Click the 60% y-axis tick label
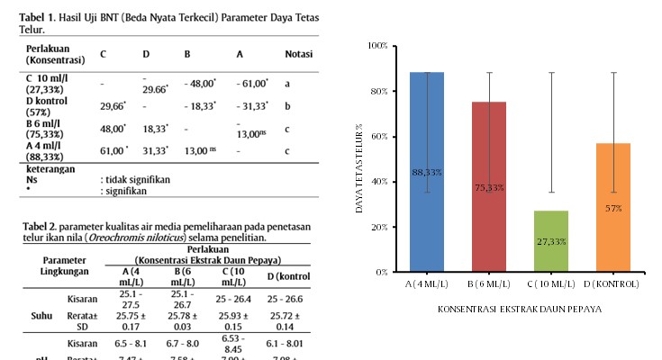tap(380, 136)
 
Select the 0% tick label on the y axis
tap(382, 271)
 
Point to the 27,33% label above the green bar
tap(551, 242)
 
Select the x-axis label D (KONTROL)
tap(613, 283)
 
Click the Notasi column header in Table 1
tap(299, 54)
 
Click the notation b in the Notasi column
tap(287, 105)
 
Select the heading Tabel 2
tap(40, 226)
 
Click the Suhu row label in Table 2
tap(41, 317)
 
